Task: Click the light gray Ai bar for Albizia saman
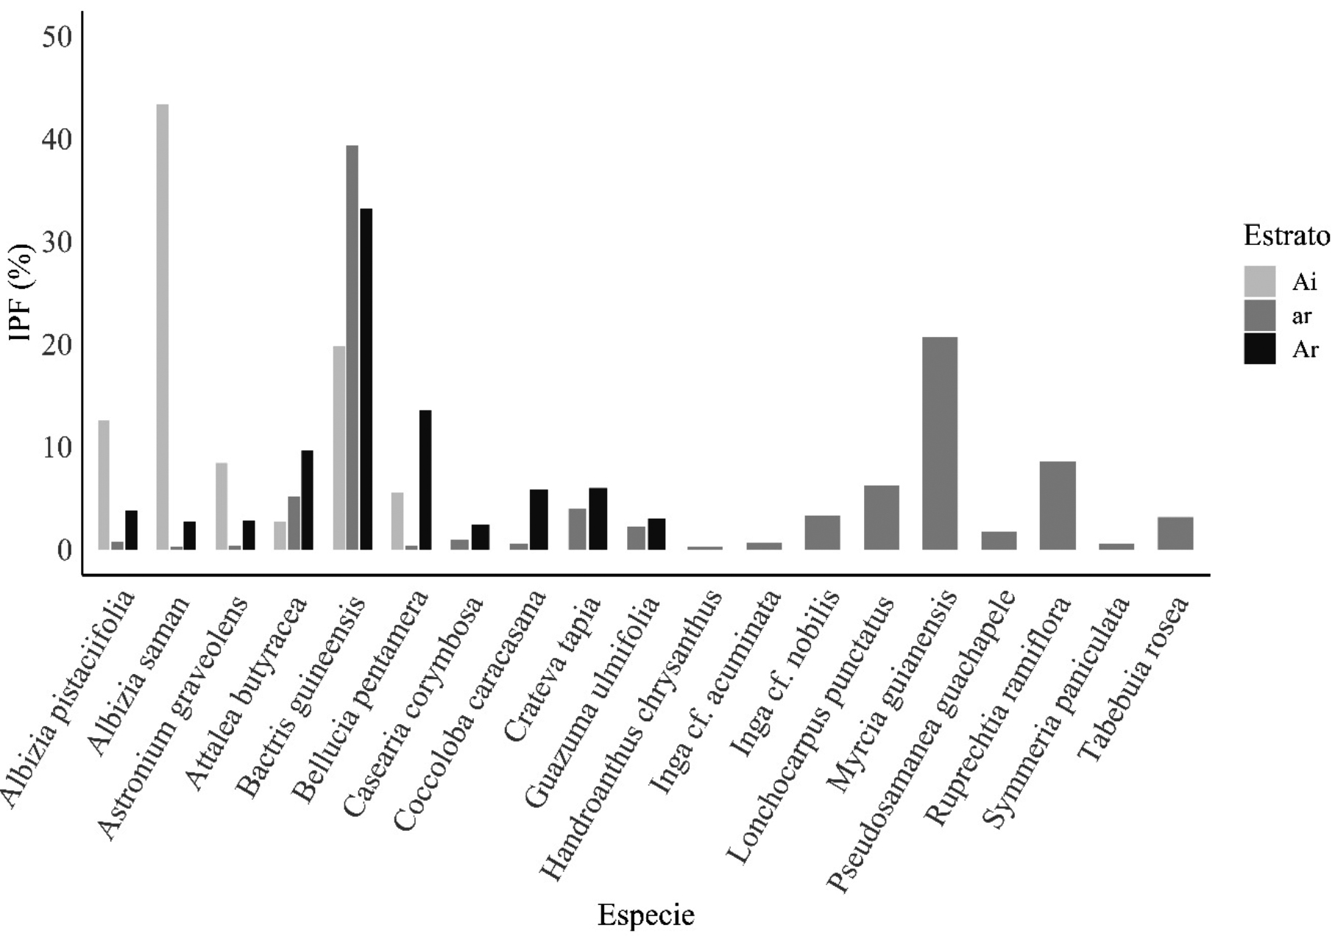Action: point(163,327)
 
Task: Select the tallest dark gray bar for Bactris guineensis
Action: point(352,347)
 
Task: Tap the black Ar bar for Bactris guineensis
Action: point(366,379)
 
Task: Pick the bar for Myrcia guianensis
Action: point(940,443)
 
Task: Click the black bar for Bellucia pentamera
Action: point(425,480)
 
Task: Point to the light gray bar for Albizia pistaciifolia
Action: point(104,485)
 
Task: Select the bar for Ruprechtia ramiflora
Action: point(1058,506)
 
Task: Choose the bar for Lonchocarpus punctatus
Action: point(881,517)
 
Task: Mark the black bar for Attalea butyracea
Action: point(307,500)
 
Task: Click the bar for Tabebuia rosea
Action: point(1175,533)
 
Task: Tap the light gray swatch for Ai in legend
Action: point(1259,281)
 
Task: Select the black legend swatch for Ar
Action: point(1259,349)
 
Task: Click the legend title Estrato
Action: point(1286,236)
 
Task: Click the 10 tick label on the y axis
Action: point(56,447)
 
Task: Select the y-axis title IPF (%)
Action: point(22,291)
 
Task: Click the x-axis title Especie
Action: point(645,915)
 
